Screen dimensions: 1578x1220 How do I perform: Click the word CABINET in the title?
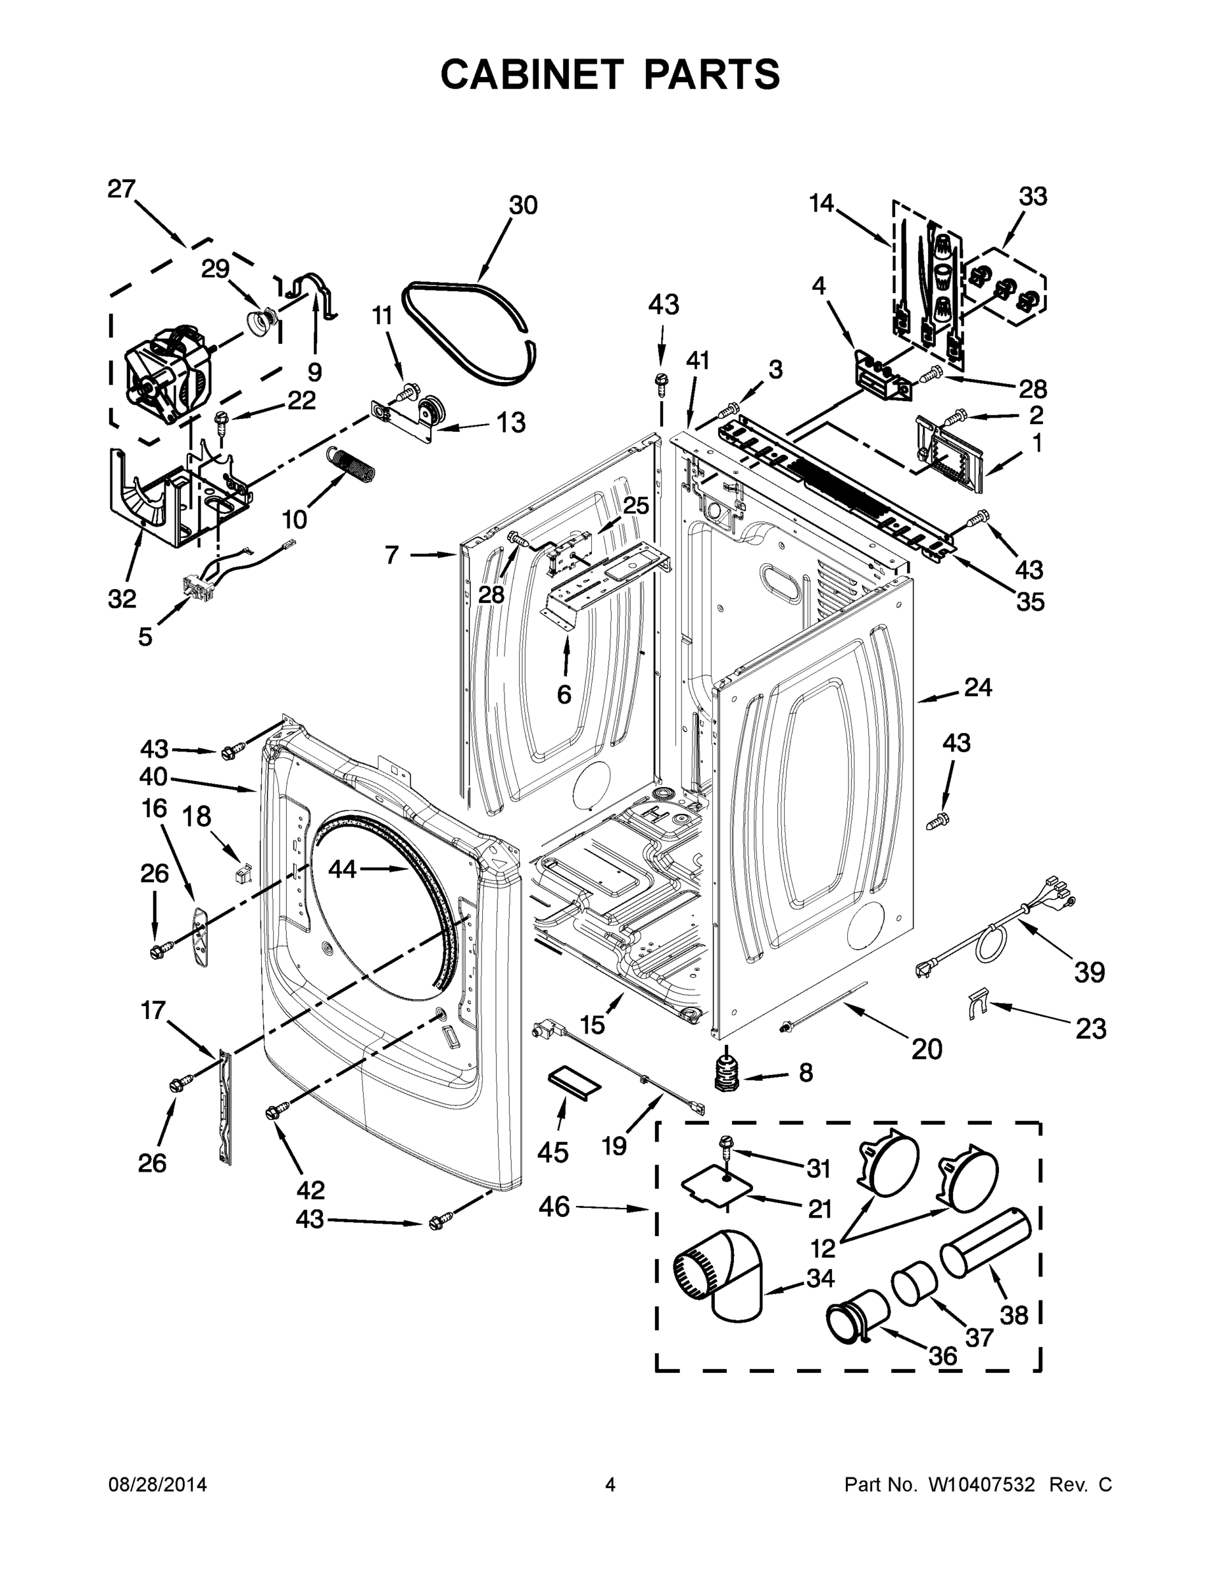tap(531, 74)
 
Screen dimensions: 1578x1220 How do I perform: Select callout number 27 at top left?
tap(122, 189)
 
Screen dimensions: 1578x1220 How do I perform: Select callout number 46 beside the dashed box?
tap(554, 1207)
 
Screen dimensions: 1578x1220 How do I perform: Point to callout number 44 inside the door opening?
tap(343, 869)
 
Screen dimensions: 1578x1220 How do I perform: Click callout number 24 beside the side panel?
tap(978, 688)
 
